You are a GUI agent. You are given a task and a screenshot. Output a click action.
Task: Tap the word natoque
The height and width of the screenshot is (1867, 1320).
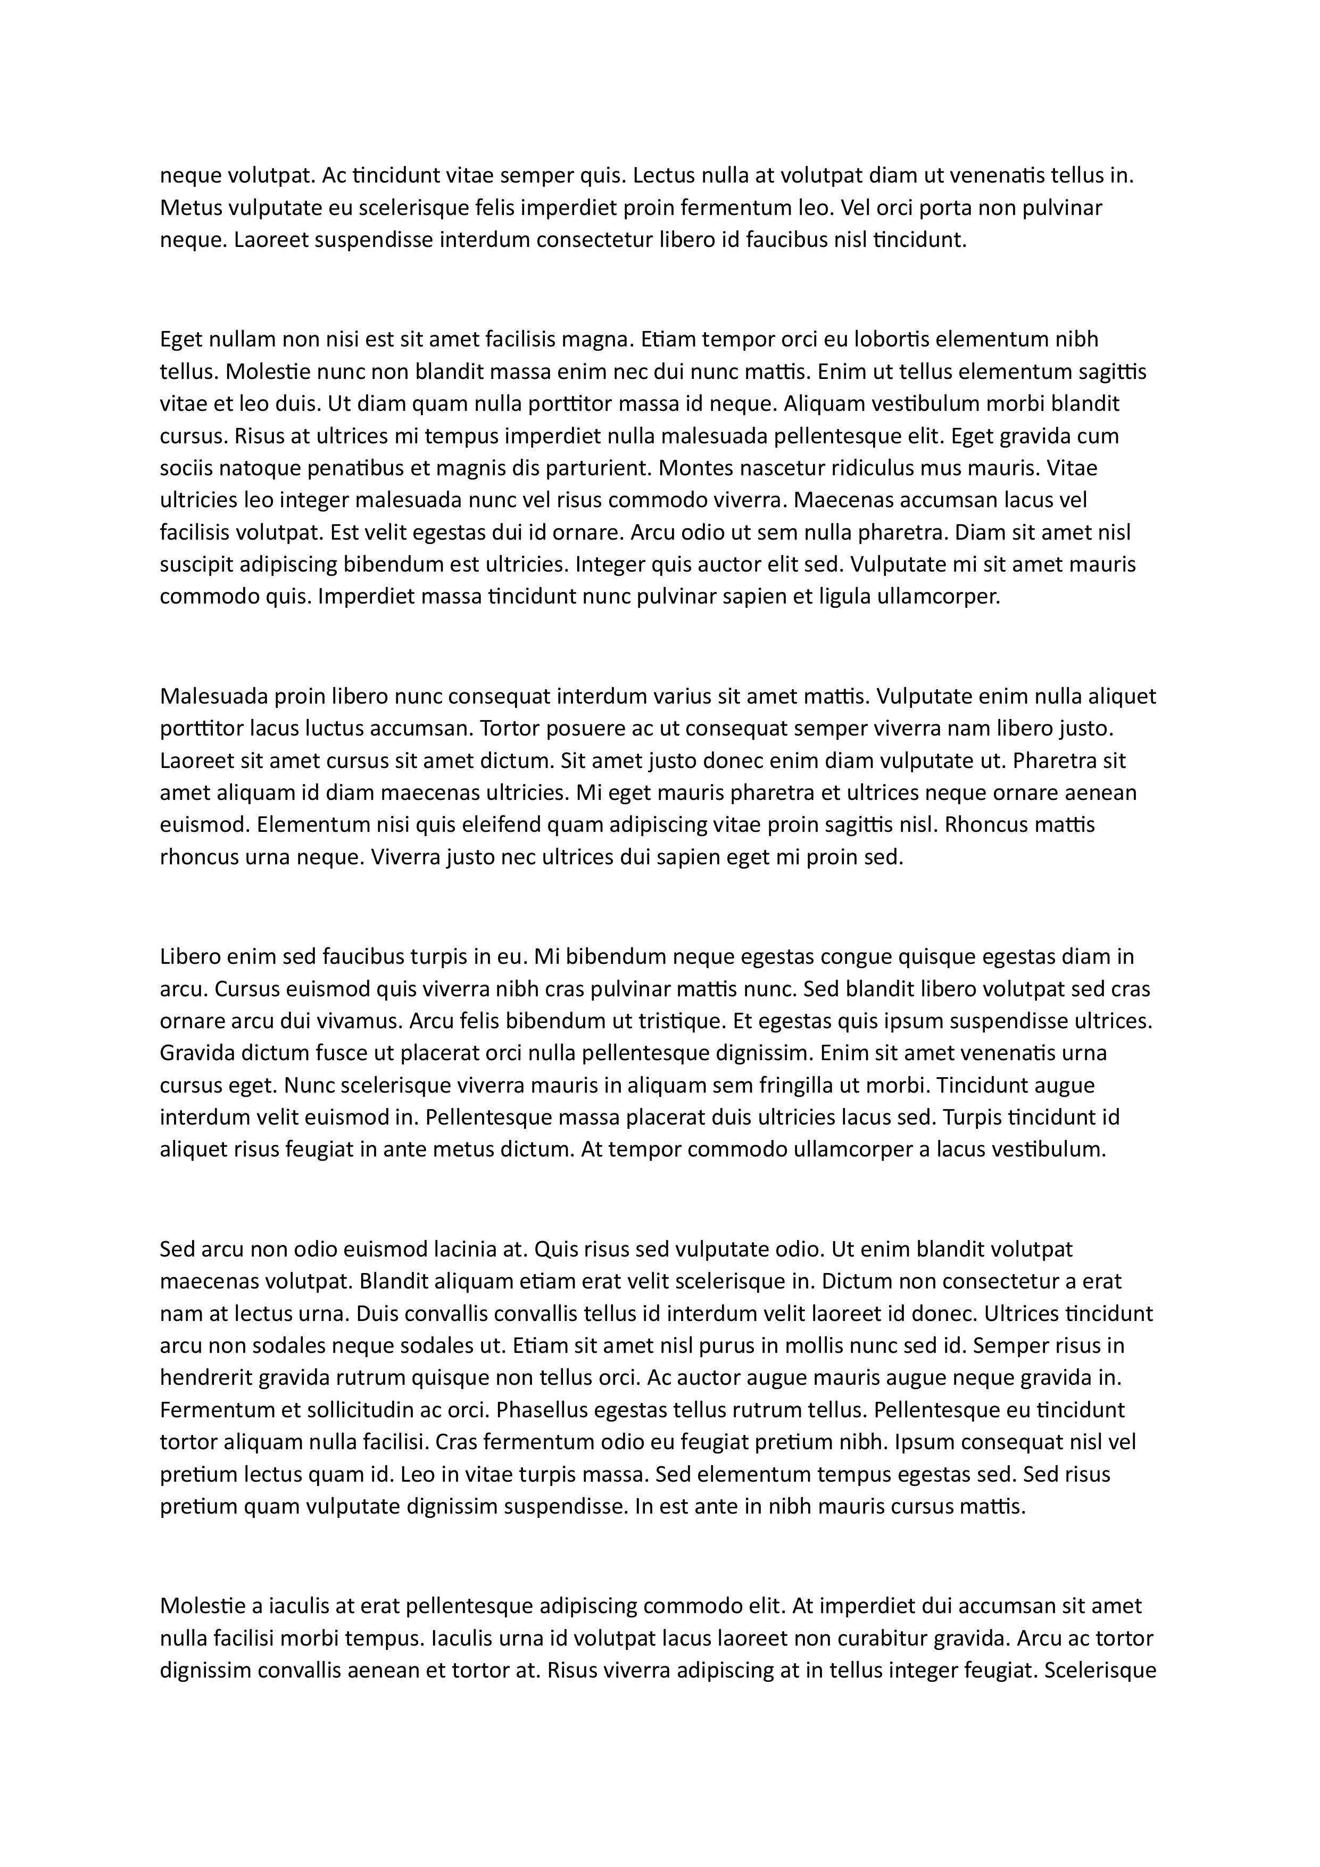[259, 468]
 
